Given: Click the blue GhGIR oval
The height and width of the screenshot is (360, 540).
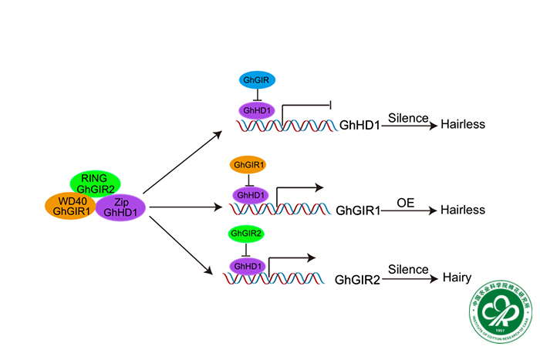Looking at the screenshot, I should (x=256, y=79).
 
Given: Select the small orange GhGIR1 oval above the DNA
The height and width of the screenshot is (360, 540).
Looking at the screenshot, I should (x=248, y=165).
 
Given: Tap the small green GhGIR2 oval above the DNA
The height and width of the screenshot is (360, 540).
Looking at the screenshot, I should (x=246, y=234).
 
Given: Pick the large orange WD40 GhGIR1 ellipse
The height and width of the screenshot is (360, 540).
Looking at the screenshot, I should (x=69, y=206).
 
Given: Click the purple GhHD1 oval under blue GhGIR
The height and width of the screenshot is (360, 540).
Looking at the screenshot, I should (x=256, y=111).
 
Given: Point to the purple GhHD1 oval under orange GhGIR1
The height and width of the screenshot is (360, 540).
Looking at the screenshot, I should (x=249, y=195).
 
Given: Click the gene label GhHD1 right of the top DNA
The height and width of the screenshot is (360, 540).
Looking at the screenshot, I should (x=359, y=124).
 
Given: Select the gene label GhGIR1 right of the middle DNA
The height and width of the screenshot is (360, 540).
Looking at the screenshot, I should (x=358, y=210).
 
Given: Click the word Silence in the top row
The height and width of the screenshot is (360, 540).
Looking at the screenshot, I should (x=408, y=118).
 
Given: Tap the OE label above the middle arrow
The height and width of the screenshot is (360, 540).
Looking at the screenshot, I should (x=407, y=203).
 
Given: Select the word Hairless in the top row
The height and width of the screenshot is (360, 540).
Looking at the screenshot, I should (x=463, y=124).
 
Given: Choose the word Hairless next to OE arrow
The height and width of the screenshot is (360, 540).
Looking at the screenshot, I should (x=463, y=210).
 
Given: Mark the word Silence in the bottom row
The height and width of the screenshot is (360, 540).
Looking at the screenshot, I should (x=408, y=270).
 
